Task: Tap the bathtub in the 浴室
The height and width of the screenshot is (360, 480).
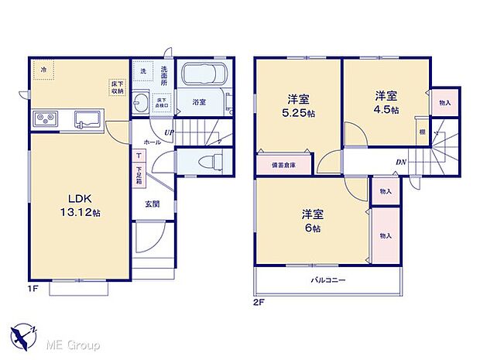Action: tap(202, 77)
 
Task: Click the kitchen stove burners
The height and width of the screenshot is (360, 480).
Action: tap(43, 119)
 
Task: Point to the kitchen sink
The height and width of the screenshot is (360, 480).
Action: tap(87, 120)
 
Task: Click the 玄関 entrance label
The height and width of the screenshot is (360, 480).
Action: tap(152, 204)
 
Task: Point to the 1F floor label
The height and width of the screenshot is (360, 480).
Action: tap(34, 288)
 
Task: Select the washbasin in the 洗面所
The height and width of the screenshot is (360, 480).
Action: tap(142, 103)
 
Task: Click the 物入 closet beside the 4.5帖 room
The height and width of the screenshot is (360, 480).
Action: tap(444, 102)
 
